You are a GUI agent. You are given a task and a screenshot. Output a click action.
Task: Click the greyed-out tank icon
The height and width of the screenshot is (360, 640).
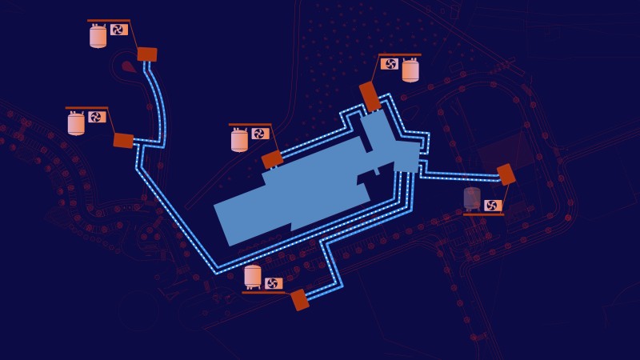pyautogui.click(x=472, y=198)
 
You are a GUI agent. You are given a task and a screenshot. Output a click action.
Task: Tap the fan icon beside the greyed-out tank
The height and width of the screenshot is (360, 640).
pyautogui.click(x=493, y=205)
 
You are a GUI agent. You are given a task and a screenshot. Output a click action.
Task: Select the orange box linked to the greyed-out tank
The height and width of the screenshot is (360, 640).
pyautogui.click(x=506, y=174)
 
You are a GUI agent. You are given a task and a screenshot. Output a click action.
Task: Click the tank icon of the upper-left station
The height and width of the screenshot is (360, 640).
pyautogui.click(x=98, y=36)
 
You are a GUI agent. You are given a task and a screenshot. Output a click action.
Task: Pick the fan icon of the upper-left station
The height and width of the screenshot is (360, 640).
pyautogui.click(x=118, y=30)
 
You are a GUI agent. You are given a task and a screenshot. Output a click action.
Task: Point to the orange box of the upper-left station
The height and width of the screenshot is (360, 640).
pyautogui.click(x=146, y=54)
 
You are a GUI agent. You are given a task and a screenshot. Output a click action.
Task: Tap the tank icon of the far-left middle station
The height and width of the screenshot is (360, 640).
pyautogui.click(x=76, y=123)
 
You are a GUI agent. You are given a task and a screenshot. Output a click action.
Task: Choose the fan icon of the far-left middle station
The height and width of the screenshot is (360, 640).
pyautogui.click(x=96, y=117)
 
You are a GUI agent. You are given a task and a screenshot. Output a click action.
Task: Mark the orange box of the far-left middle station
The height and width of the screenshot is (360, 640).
pyautogui.click(x=123, y=141)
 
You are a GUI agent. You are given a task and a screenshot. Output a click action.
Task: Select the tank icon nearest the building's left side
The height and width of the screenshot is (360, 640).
pyautogui.click(x=239, y=140)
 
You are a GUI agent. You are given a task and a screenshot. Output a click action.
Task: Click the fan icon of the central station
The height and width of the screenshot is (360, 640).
pyautogui.click(x=259, y=134)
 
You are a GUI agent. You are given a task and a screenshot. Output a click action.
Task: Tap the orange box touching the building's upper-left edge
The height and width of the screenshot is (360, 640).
pyautogui.click(x=272, y=159)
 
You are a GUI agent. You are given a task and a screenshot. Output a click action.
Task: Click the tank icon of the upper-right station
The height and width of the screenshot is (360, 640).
pyautogui.click(x=410, y=70)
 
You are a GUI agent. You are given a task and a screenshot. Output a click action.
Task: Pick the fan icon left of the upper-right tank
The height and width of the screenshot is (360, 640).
pyautogui.click(x=390, y=64)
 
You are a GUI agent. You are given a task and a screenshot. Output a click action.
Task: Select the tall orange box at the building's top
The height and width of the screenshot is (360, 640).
pyautogui.click(x=370, y=96)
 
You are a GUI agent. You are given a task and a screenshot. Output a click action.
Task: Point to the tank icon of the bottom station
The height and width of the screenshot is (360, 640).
pyautogui.click(x=253, y=277)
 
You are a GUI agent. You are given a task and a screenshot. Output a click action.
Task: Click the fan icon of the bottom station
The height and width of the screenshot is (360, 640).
pyautogui.click(x=273, y=283)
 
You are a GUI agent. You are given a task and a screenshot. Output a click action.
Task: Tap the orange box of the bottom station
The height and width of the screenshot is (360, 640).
pyautogui.click(x=300, y=300)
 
